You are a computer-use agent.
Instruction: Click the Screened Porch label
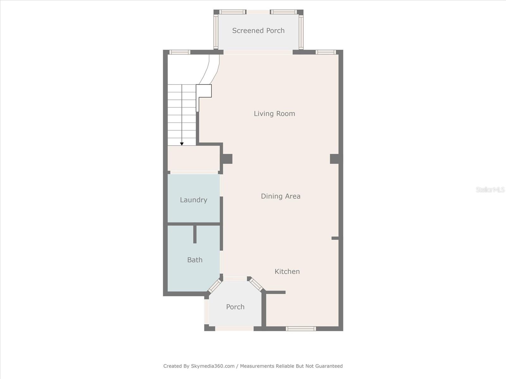pyautogui.click(x=258, y=31)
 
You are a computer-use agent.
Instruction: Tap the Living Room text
pyautogui.click(x=274, y=114)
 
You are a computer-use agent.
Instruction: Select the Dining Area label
pyautogui.click(x=281, y=196)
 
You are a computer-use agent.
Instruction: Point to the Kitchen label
pyautogui.click(x=287, y=271)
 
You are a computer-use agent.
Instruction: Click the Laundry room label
pyautogui.click(x=194, y=200)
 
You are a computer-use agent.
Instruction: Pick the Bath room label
pyautogui.click(x=195, y=260)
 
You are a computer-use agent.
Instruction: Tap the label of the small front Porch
pyautogui.click(x=235, y=307)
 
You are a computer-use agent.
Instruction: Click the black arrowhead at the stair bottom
pyautogui.click(x=182, y=144)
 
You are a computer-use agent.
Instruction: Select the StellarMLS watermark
pyautogui.click(x=490, y=189)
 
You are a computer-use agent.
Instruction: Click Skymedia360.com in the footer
pyautogui.click(x=213, y=366)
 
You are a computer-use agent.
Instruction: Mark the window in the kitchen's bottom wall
pyautogui.click(x=301, y=329)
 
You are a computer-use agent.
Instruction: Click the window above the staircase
pyautogui.click(x=180, y=52)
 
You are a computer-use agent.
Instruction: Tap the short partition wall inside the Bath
pyautogui.click(x=195, y=234)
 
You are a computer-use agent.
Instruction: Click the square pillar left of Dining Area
pyautogui.click(x=227, y=159)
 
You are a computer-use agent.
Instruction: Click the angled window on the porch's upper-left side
pyautogui.click(x=215, y=286)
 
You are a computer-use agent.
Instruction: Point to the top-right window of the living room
pyautogui.click(x=325, y=52)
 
